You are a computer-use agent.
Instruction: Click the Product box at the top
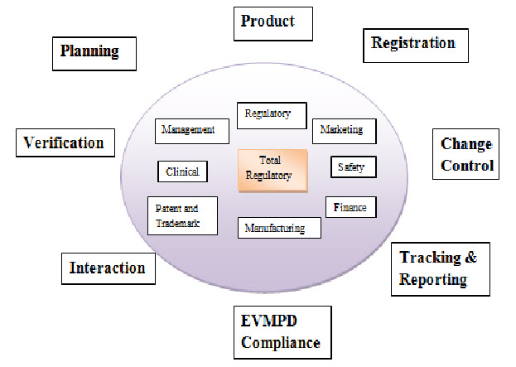click(273, 23)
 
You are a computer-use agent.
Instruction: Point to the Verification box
click(64, 142)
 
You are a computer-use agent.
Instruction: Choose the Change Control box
click(466, 155)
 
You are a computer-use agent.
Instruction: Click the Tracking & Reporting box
click(439, 268)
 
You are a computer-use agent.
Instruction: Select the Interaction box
click(108, 268)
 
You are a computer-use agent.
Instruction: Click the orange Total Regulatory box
click(272, 170)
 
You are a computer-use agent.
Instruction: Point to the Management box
click(190, 130)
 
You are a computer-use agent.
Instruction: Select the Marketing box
click(343, 131)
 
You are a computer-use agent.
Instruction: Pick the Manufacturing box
click(279, 228)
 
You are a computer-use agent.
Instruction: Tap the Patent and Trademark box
click(182, 215)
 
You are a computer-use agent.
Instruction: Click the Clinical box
click(182, 171)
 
